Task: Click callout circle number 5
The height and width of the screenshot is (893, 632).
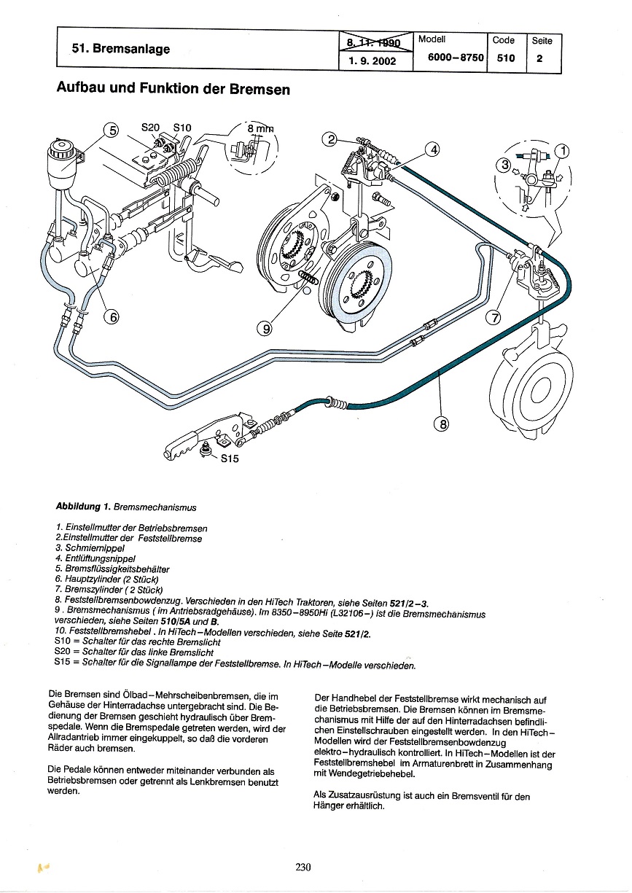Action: pyautogui.click(x=111, y=130)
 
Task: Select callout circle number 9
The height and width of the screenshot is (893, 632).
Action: pyautogui.click(x=264, y=329)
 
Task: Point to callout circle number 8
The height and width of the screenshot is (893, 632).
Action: pyautogui.click(x=442, y=423)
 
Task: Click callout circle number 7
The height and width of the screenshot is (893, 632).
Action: pyautogui.click(x=494, y=317)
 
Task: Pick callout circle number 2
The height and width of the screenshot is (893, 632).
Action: pyautogui.click(x=331, y=140)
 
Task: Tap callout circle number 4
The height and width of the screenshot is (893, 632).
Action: pyautogui.click(x=433, y=149)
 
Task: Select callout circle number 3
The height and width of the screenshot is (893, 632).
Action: pyautogui.click(x=502, y=165)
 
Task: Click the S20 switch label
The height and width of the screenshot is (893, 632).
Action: pyautogui.click(x=149, y=127)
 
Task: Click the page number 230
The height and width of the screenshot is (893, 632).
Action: pyautogui.click(x=304, y=867)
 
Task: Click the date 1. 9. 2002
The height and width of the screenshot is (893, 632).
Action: pyautogui.click(x=372, y=61)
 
